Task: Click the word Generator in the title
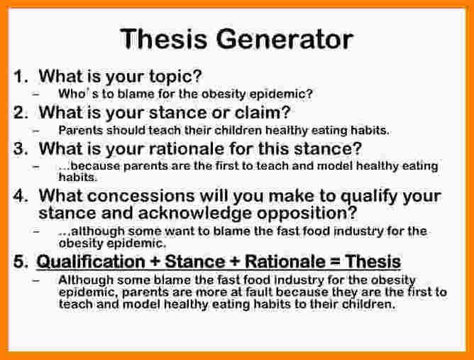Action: [285, 39]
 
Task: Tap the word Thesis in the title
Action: [163, 39]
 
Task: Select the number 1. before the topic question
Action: [21, 76]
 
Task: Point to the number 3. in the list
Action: [21, 149]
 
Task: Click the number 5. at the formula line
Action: [21, 261]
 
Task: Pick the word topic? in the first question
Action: [175, 77]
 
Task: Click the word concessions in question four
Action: [141, 196]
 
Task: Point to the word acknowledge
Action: [194, 213]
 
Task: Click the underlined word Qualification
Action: [91, 262]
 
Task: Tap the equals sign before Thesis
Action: [335, 262]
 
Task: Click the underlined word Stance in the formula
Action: [195, 262]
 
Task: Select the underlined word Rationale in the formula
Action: [285, 262]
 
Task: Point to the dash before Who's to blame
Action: [36, 94]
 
